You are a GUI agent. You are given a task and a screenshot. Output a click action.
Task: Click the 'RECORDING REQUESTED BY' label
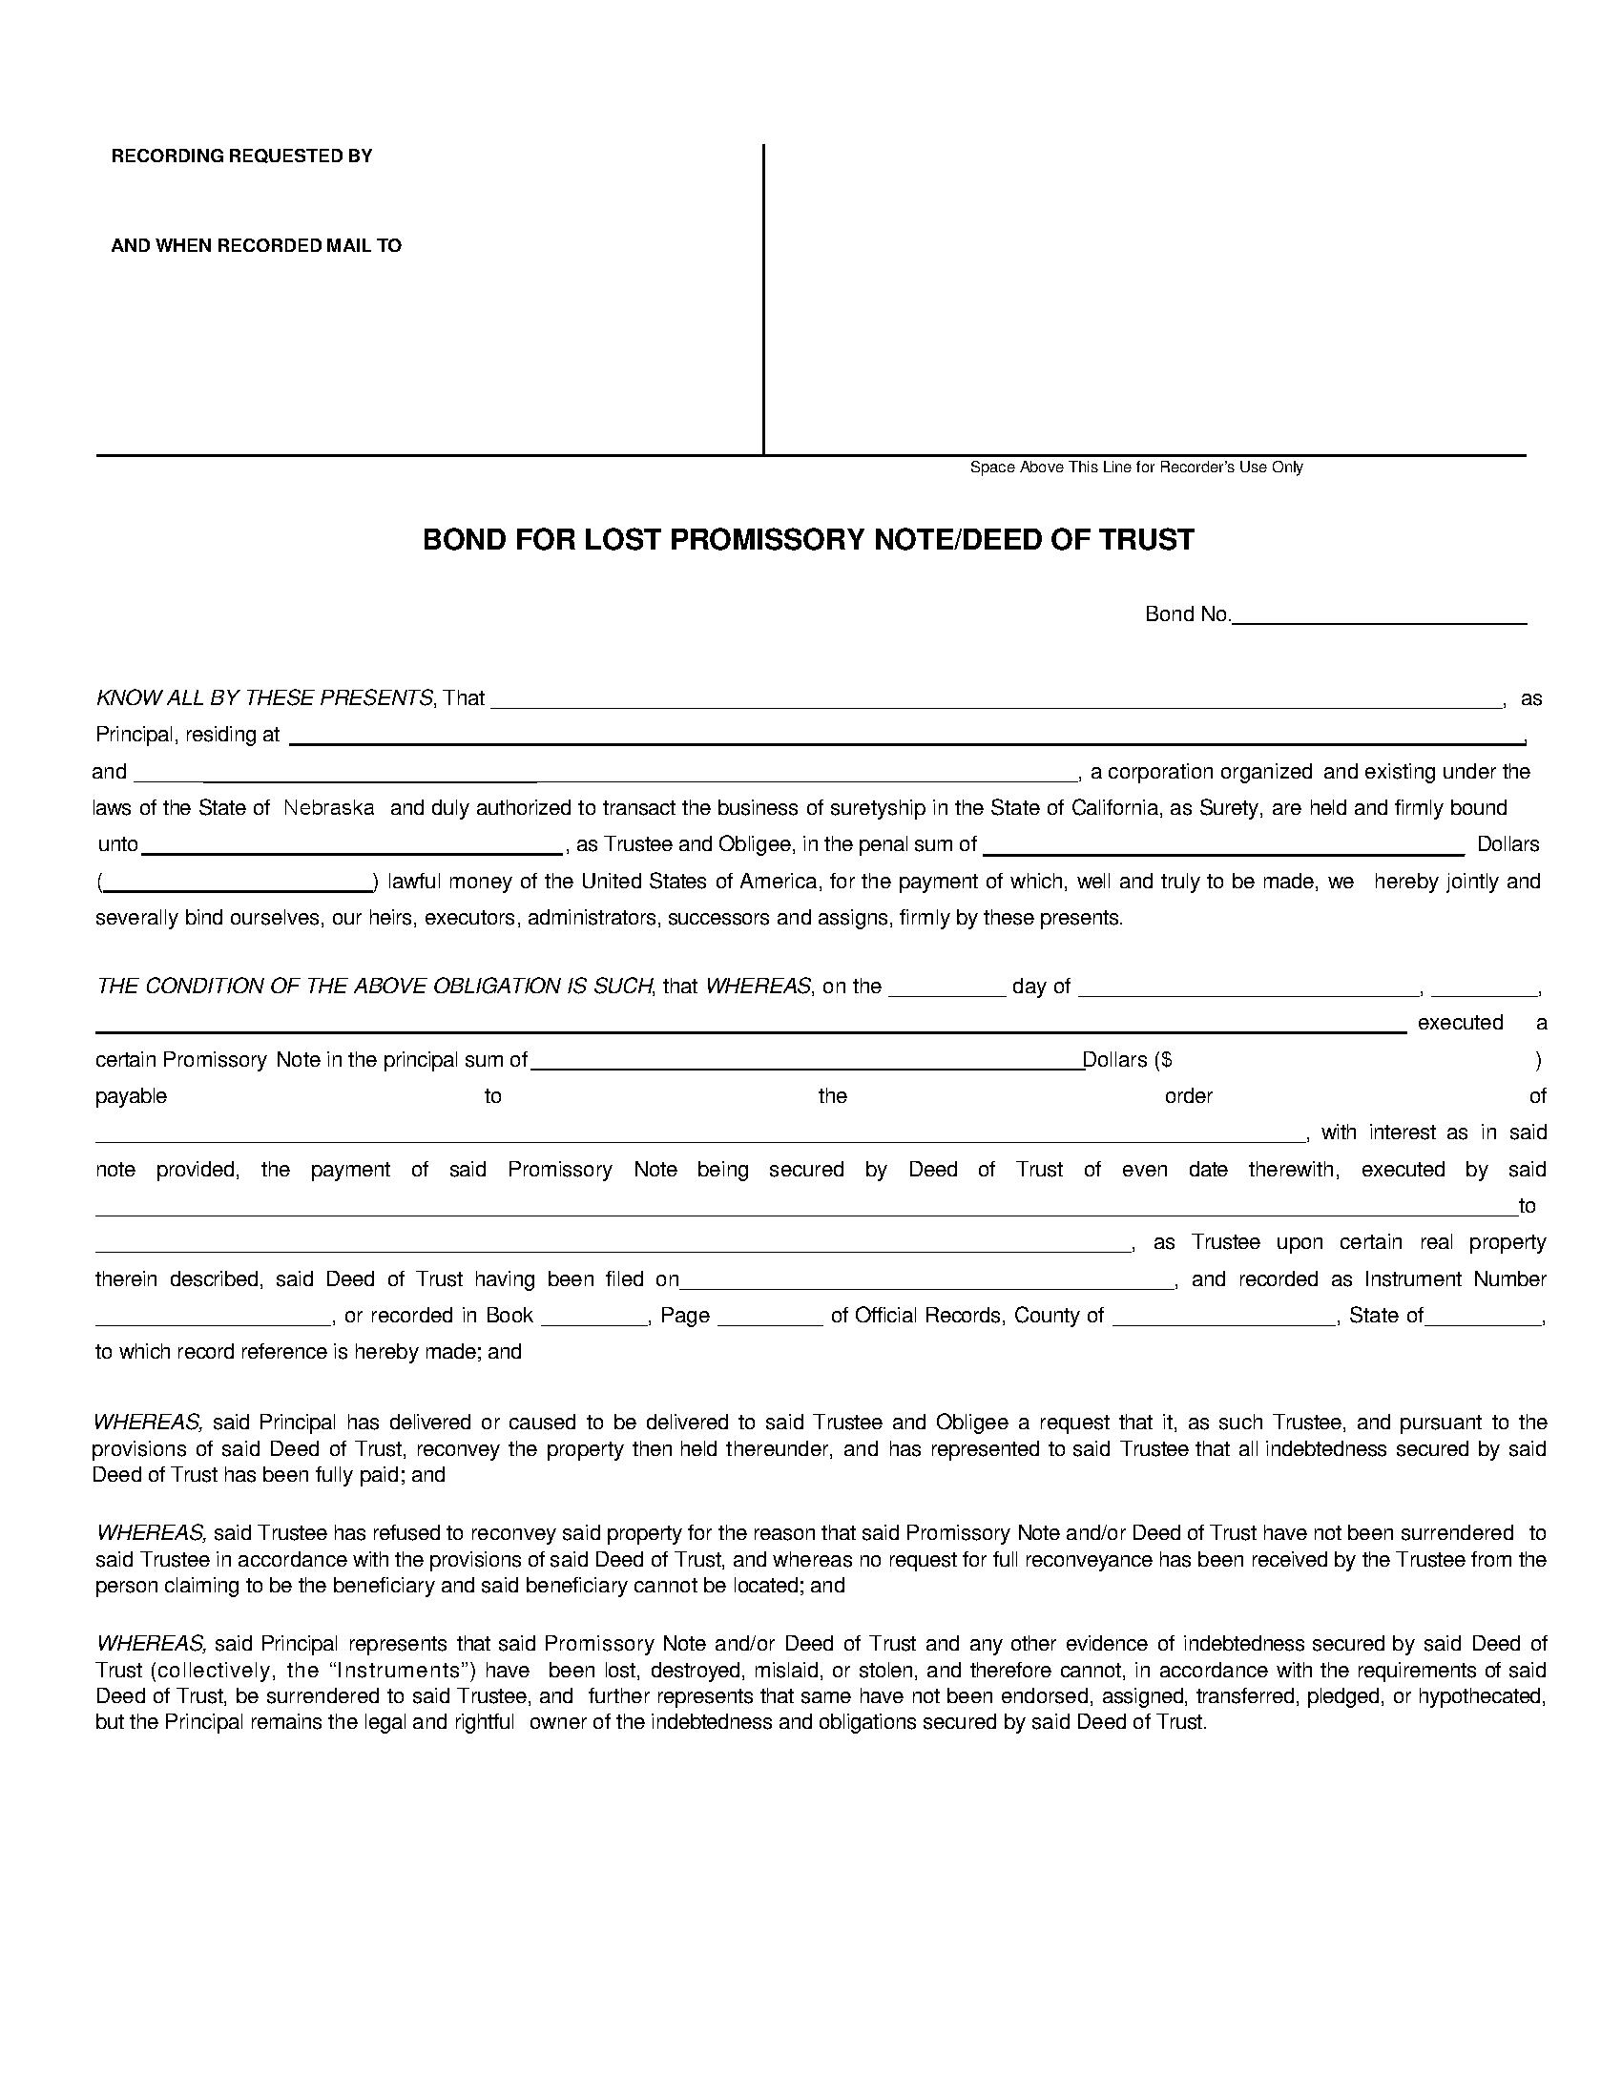click(241, 156)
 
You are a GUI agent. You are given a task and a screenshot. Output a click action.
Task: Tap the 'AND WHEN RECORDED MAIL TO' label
click(256, 245)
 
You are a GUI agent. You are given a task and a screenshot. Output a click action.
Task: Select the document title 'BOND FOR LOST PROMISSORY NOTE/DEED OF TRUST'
click(808, 539)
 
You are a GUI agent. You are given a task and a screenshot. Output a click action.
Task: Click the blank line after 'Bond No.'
click(1379, 616)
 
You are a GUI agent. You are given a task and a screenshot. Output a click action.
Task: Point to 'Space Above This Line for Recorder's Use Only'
click(1135, 468)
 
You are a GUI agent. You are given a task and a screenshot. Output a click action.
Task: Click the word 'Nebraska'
click(328, 807)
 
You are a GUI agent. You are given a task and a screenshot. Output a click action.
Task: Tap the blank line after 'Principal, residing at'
click(906, 736)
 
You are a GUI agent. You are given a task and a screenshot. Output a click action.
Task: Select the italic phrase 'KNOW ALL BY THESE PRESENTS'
click(264, 697)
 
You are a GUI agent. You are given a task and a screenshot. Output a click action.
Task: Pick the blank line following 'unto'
click(352, 844)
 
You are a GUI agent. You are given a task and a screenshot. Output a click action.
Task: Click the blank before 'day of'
click(946, 987)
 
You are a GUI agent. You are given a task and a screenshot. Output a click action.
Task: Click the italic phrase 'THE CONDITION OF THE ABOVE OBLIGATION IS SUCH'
click(374, 987)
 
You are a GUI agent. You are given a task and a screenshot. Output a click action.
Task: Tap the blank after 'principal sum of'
click(806, 1060)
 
